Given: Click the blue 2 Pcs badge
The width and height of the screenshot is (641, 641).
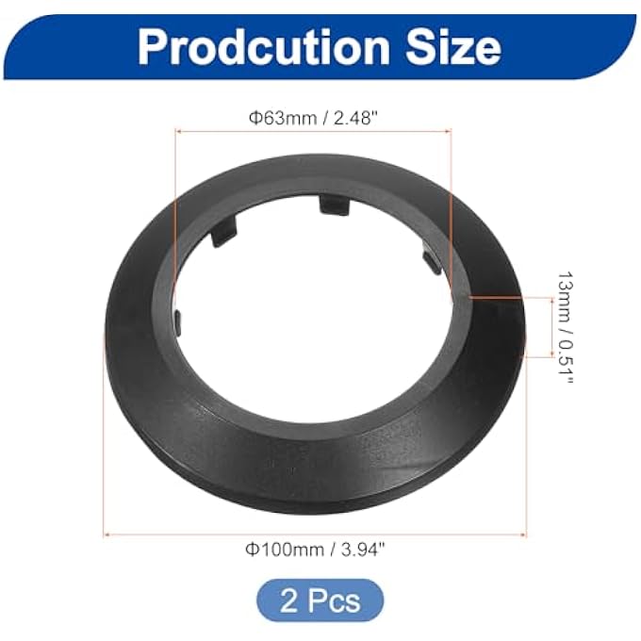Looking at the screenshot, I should (320, 600).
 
